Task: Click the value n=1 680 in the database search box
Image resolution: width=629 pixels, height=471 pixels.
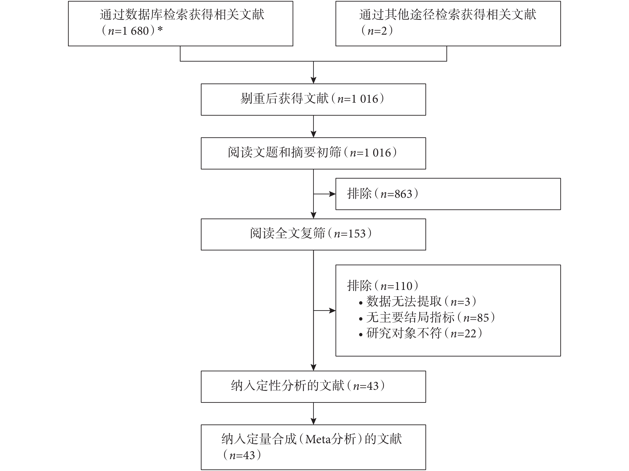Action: (128, 31)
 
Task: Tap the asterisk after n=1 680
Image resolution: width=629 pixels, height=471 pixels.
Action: (160, 29)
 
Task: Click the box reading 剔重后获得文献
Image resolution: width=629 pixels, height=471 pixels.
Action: (313, 99)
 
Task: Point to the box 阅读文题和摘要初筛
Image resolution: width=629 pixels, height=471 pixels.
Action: (313, 154)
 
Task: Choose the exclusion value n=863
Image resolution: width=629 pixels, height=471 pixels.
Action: (396, 194)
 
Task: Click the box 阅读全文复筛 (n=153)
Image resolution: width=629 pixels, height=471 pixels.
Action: (313, 234)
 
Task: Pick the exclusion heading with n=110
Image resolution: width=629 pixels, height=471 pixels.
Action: (383, 286)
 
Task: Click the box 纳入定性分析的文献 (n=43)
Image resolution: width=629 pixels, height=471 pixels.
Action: (313, 387)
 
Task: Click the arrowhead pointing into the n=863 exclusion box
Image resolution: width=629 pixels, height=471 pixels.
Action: (332, 194)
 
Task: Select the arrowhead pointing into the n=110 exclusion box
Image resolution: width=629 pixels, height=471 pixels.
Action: (332, 311)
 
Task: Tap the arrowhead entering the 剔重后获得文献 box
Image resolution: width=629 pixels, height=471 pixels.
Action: (313, 80)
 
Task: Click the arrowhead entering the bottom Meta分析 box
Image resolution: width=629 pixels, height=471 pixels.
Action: (313, 421)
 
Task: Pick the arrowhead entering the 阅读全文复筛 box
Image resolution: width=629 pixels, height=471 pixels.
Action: (313, 215)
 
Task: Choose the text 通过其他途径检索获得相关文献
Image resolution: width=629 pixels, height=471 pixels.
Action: (448, 15)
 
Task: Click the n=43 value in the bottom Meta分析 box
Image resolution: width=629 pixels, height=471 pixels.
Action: (242, 455)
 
